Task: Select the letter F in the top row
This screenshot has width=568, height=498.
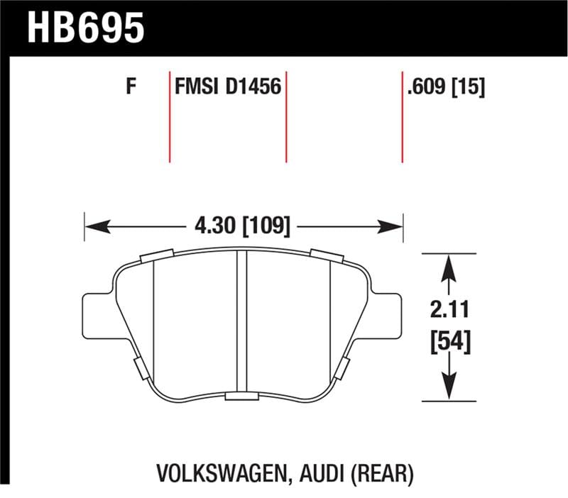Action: tap(131, 87)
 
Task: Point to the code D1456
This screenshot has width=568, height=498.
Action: tap(253, 87)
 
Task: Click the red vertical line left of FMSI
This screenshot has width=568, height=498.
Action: tap(170, 116)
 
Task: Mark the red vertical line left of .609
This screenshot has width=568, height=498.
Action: tap(403, 116)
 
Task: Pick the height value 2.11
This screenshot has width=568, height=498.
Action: tap(449, 310)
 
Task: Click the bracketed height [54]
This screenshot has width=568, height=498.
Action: tap(449, 344)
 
